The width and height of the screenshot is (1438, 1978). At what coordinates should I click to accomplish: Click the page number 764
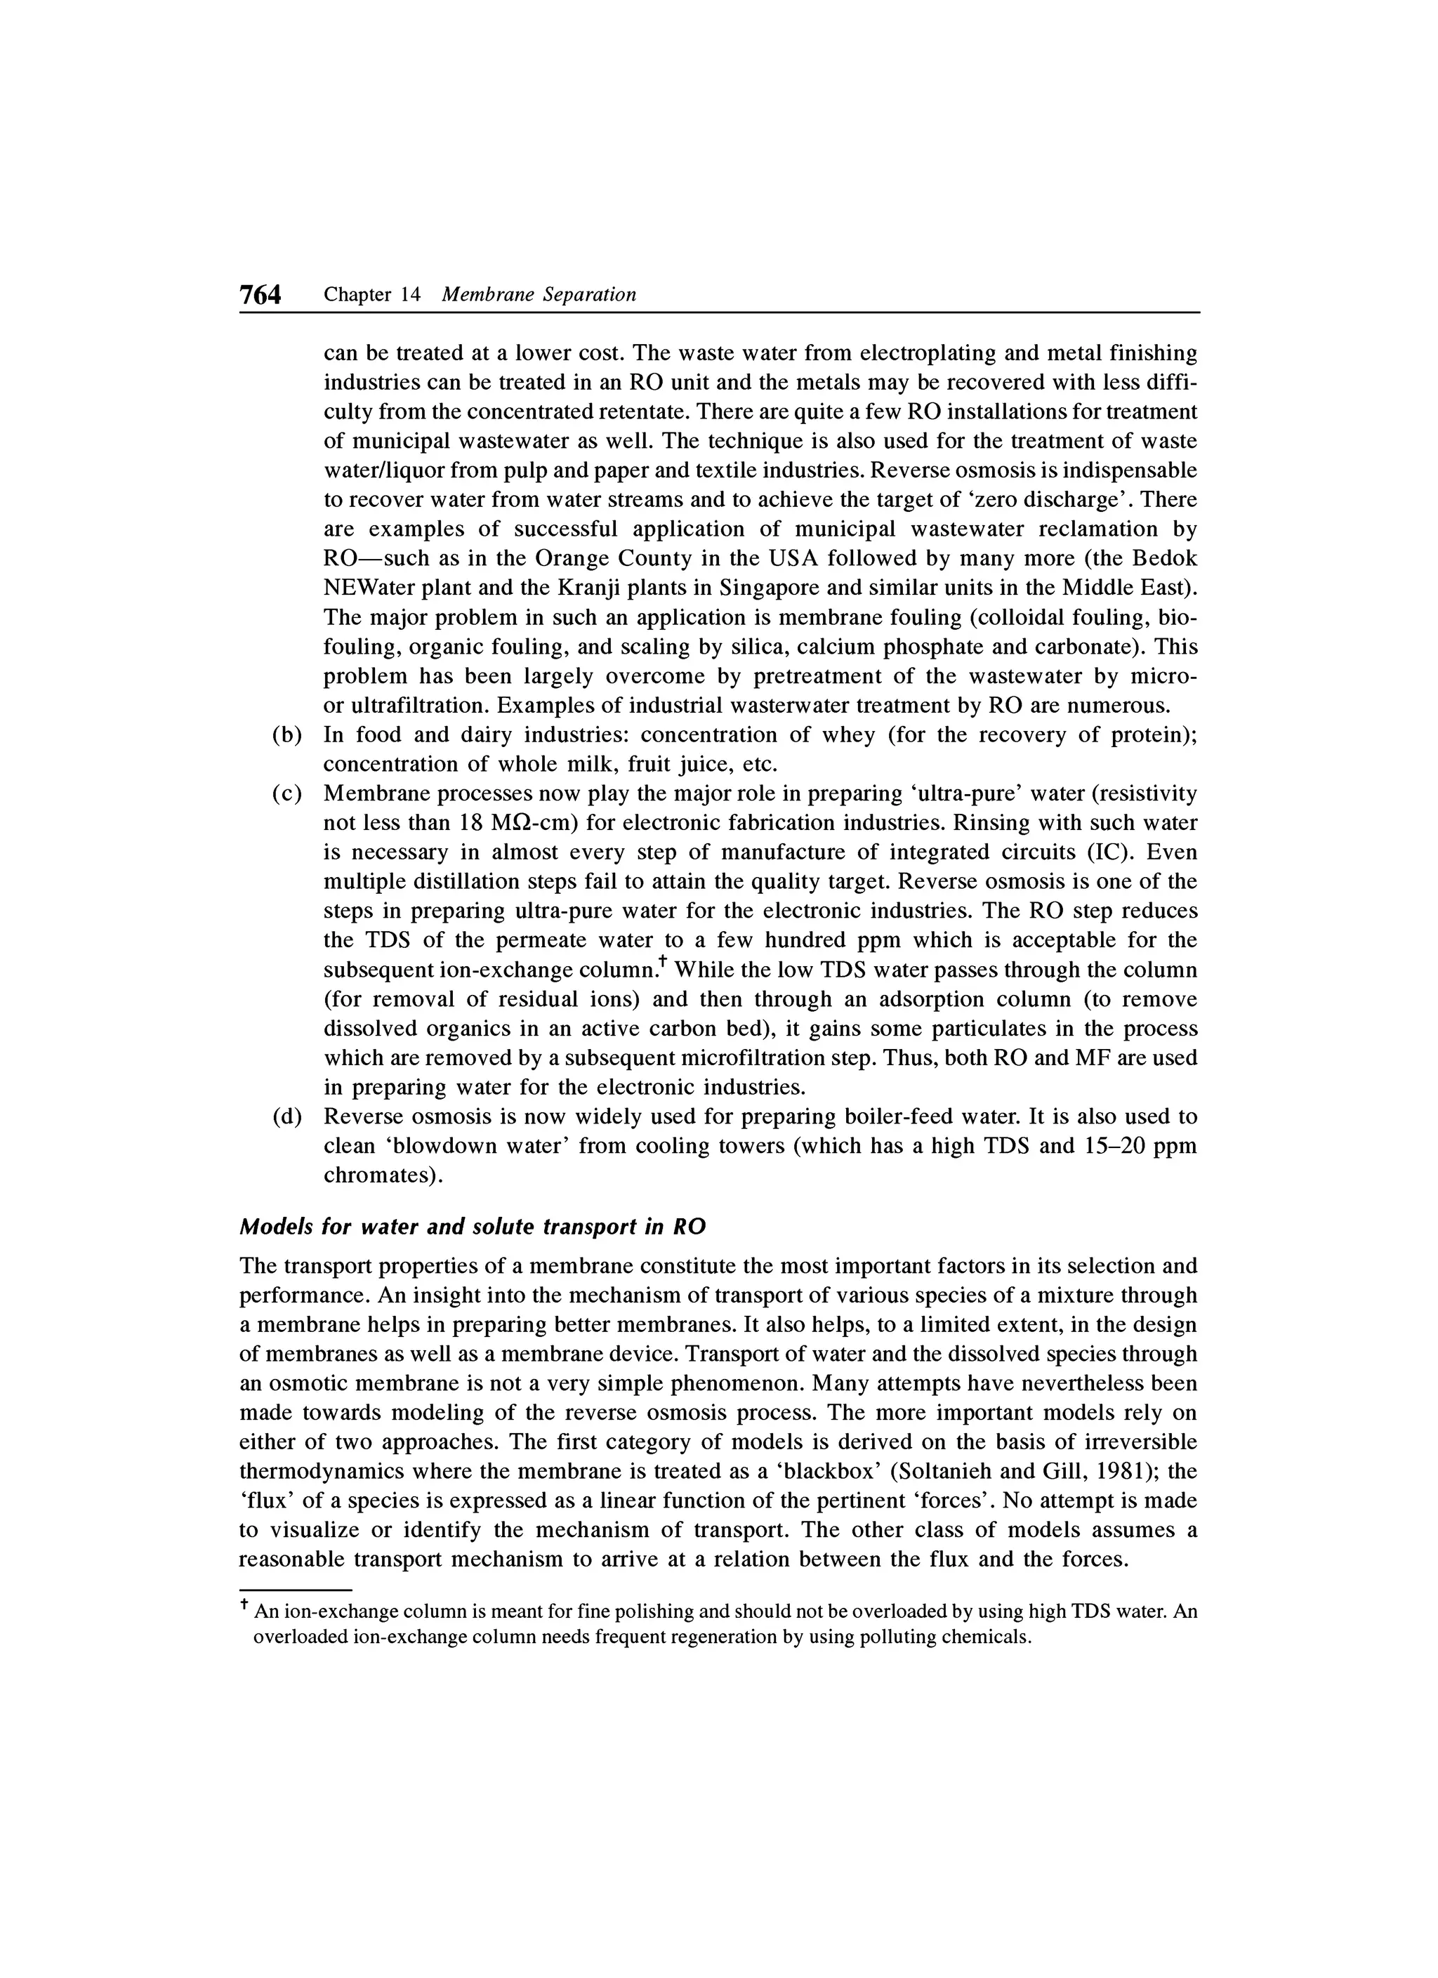pyautogui.click(x=260, y=296)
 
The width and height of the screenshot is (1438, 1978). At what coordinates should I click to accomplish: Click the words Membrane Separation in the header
pyautogui.click(x=539, y=295)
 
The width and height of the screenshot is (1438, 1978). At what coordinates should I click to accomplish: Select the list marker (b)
pyautogui.click(x=287, y=735)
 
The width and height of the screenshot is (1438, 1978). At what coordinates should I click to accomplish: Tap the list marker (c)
pyautogui.click(x=287, y=793)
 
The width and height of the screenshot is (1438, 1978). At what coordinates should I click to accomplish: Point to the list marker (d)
pyautogui.click(x=287, y=1116)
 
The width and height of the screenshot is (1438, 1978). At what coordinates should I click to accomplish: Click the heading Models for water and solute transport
pyautogui.click(x=472, y=1226)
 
